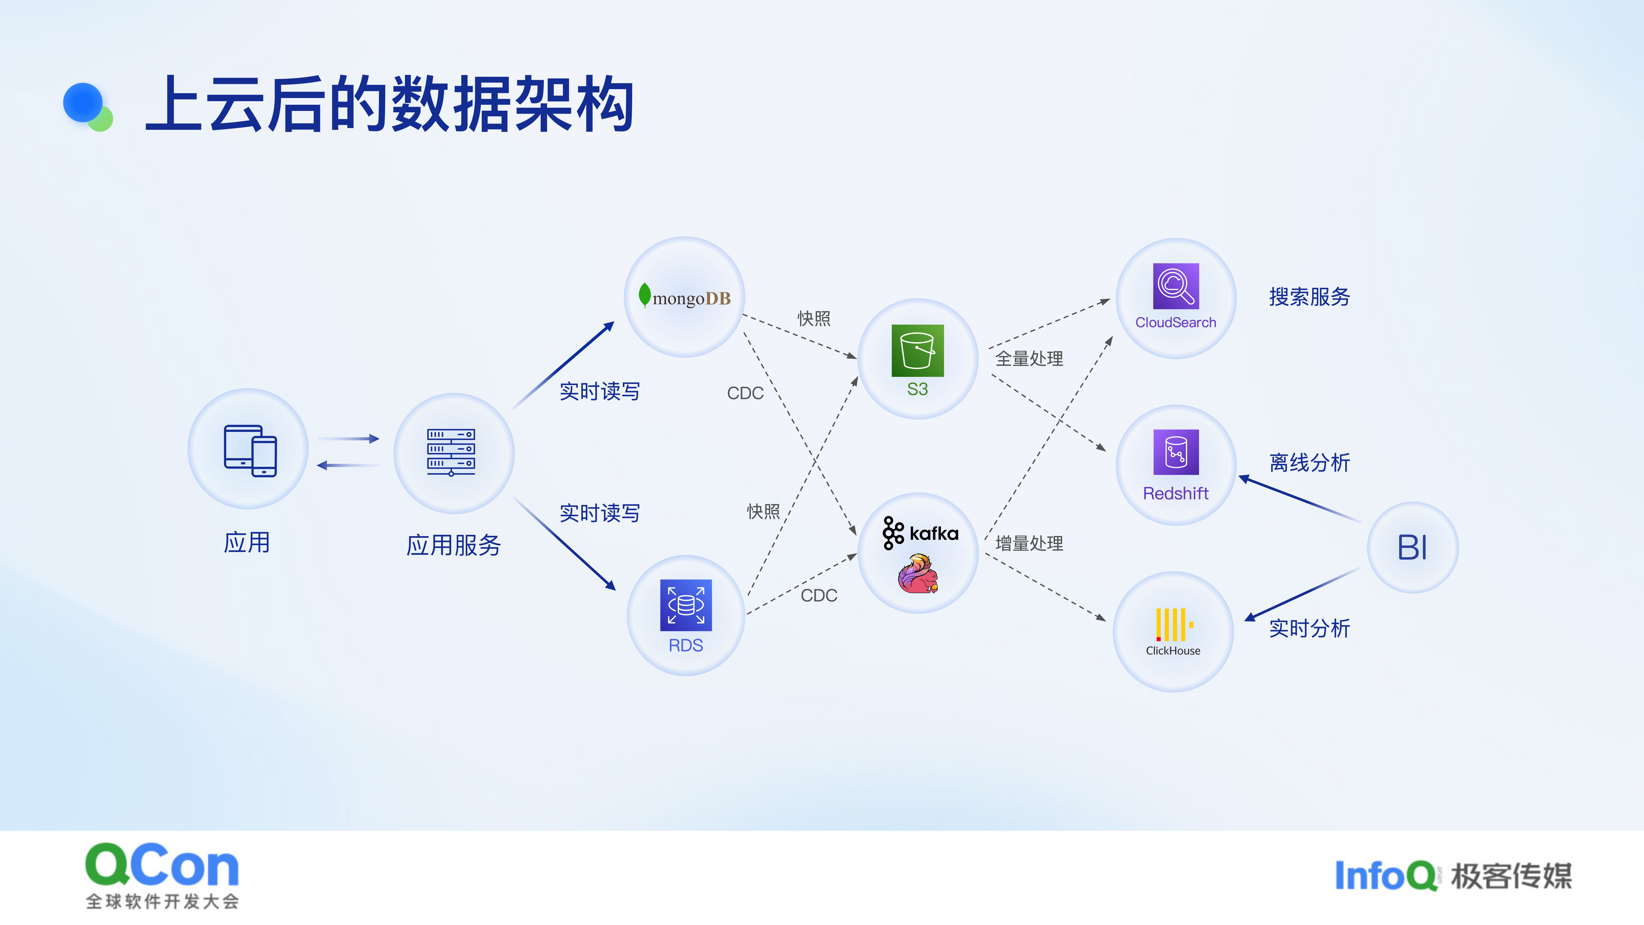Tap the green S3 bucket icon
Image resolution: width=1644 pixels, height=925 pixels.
tap(917, 351)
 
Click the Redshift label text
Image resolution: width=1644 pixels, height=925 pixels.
tap(1176, 494)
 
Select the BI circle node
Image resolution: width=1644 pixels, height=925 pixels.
tap(1412, 547)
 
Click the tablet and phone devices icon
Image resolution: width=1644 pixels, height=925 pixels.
tap(250, 451)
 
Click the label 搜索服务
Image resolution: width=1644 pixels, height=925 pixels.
tap(1310, 297)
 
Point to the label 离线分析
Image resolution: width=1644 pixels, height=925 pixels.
tap(1310, 463)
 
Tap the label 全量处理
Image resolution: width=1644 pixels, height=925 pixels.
tap(1029, 359)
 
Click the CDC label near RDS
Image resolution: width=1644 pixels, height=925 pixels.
tap(819, 596)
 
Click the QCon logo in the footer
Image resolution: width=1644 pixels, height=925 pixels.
tap(162, 874)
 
